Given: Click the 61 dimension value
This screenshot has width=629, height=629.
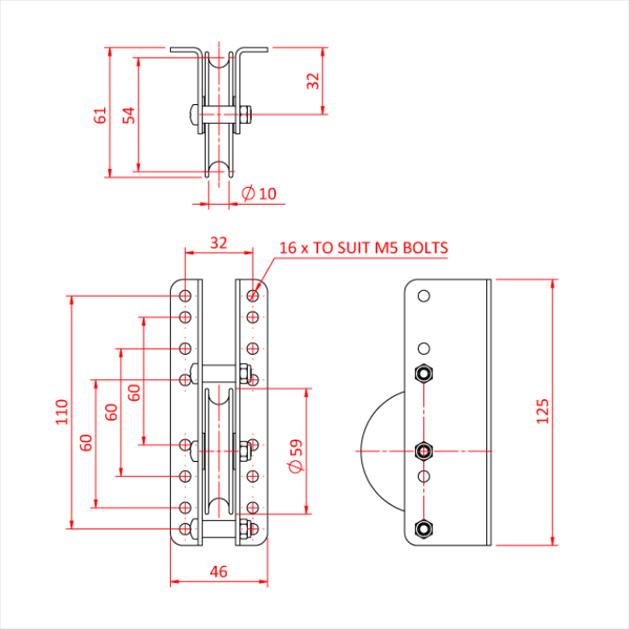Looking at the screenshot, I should [101, 114].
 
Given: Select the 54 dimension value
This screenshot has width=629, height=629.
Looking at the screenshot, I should [129, 114].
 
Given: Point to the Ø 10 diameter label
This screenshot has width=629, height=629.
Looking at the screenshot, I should [260, 193].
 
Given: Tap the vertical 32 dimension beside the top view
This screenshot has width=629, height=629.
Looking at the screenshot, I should [313, 81].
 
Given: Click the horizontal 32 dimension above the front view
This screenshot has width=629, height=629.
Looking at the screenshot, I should [218, 243].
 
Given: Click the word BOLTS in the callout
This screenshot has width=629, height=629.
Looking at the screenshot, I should [423, 248].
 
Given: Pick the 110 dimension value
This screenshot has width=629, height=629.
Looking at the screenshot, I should [61, 412].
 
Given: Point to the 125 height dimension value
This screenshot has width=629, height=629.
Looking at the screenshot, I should [542, 412].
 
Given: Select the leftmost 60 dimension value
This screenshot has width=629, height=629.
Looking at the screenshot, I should [85, 442].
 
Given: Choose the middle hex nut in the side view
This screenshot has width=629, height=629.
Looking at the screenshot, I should [424, 449].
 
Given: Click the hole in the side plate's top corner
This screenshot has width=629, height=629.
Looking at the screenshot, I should [424, 295].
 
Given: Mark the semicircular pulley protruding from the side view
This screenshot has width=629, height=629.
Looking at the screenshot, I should [383, 449].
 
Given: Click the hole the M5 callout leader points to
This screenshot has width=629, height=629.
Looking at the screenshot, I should [253, 295].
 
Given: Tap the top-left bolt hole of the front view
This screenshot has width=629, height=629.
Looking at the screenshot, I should [184, 295].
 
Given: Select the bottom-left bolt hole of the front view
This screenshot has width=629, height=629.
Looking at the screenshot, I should [184, 529].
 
